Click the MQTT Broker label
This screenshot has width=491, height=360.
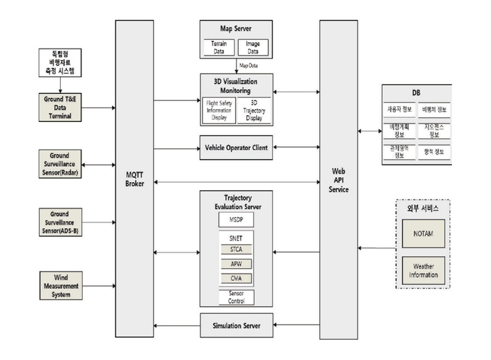point(134,178)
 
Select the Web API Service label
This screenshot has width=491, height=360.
point(339,181)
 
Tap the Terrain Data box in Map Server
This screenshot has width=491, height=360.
point(218,48)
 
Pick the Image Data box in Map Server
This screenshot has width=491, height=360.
point(252,48)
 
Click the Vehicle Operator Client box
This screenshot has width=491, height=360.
point(236,147)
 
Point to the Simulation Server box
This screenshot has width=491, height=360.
point(236,324)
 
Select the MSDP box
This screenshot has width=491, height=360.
point(236,219)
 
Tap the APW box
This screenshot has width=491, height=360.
point(236,264)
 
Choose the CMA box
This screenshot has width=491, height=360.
point(236,278)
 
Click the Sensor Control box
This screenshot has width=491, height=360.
point(236,297)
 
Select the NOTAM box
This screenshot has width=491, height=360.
point(423,234)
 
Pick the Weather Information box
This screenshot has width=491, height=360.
point(423,270)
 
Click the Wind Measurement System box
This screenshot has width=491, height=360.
point(60,286)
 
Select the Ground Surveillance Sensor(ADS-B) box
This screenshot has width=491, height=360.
point(60,225)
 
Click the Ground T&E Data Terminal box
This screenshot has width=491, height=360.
point(60,107)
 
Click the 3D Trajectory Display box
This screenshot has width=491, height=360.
point(253,110)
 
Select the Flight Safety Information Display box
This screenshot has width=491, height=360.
point(218,110)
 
